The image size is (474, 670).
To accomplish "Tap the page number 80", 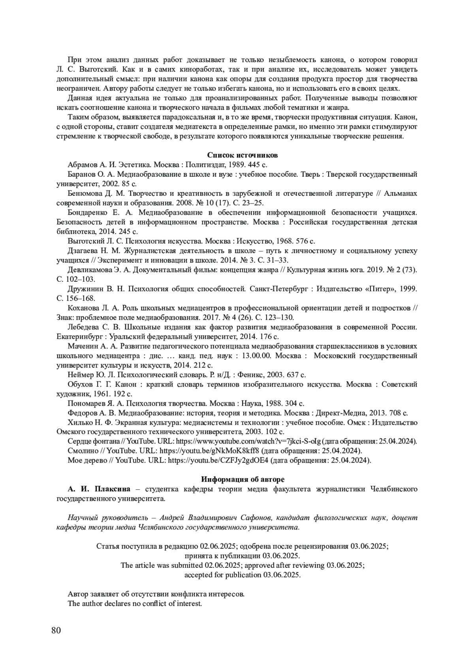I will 56,630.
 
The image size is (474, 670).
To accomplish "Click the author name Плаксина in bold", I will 115,489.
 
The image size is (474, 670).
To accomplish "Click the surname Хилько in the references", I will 79,422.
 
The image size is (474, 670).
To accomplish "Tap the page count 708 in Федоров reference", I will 396,413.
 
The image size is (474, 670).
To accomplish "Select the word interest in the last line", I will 189,603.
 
